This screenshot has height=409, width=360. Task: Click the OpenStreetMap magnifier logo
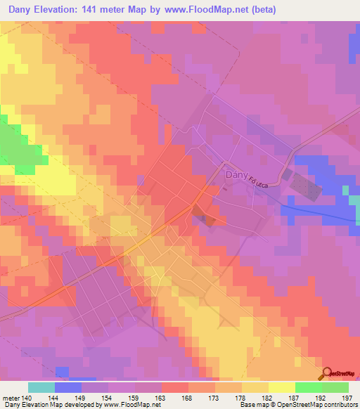(x=328, y=373)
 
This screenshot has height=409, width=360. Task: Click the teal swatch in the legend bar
(x=41, y=387)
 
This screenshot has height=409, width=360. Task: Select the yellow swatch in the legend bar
(x=281, y=387)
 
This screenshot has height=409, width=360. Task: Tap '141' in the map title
(x=103, y=10)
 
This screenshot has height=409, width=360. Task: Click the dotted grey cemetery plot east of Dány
(x=305, y=186)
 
